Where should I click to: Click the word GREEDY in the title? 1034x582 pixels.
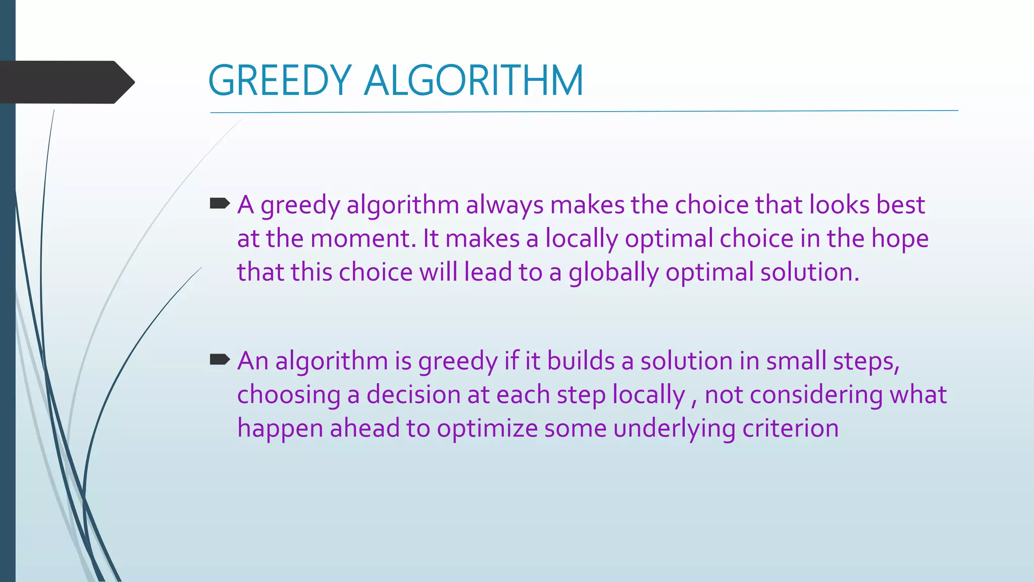tap(279, 81)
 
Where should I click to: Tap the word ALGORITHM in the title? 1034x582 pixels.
tap(473, 81)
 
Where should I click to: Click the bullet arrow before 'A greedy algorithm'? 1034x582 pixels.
tap(219, 204)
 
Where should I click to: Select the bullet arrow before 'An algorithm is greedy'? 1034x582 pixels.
tap(219, 360)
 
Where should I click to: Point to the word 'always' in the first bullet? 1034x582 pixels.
tap(504, 206)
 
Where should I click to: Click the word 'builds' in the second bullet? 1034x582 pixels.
tap(581, 361)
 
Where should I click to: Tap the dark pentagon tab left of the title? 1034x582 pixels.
tap(66, 82)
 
